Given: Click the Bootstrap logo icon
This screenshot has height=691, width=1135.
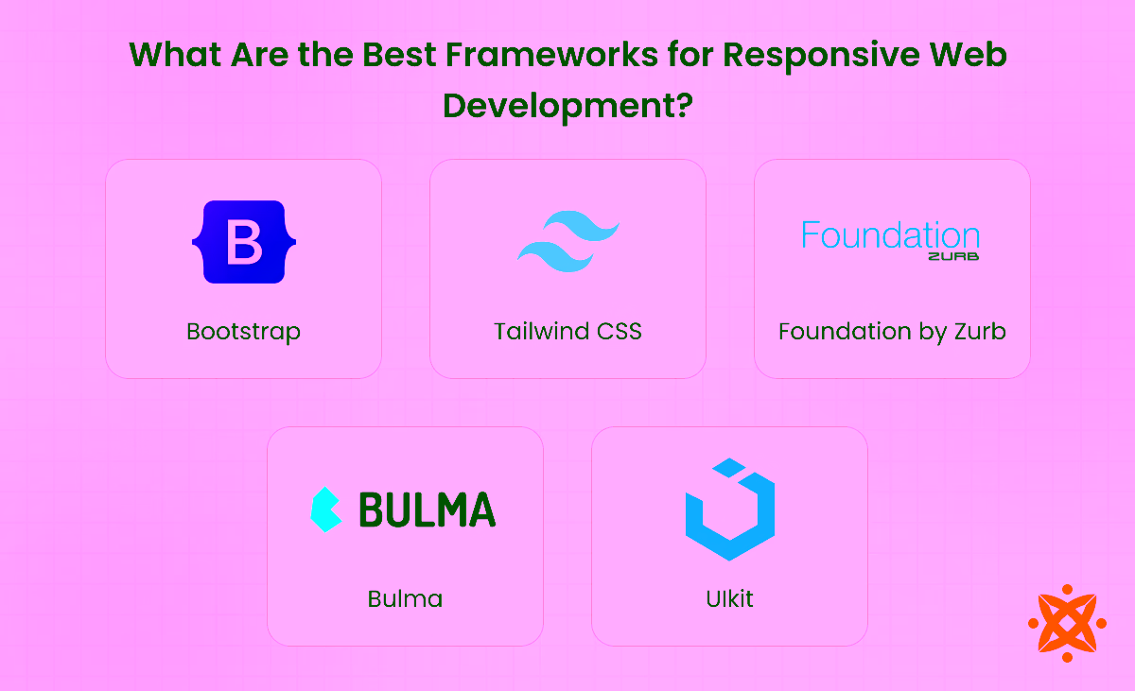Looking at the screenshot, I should pos(243,242).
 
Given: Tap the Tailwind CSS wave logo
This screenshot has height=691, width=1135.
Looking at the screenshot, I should pos(567,241).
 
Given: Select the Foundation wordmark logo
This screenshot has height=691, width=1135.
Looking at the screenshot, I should pos(890,234).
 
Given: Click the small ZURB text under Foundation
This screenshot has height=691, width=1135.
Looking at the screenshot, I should pos(952,256).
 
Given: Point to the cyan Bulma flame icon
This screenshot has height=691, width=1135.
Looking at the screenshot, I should pos(325,510).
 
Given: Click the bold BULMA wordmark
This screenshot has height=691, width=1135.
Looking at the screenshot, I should pos(427,510).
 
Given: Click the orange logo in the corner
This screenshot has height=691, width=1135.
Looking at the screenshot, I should pos(1067,623).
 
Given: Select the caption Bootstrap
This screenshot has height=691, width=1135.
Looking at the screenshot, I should pos(243,332).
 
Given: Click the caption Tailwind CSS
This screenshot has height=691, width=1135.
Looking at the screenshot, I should pos(567,332).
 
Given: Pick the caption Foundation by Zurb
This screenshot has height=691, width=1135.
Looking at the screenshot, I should pos(891,332).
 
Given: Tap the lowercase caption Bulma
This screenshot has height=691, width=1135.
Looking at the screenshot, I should pos(405,598).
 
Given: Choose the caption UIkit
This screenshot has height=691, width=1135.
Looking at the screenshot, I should pos(729,598).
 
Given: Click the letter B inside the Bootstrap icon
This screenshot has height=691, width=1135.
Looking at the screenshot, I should pos(243,242).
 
